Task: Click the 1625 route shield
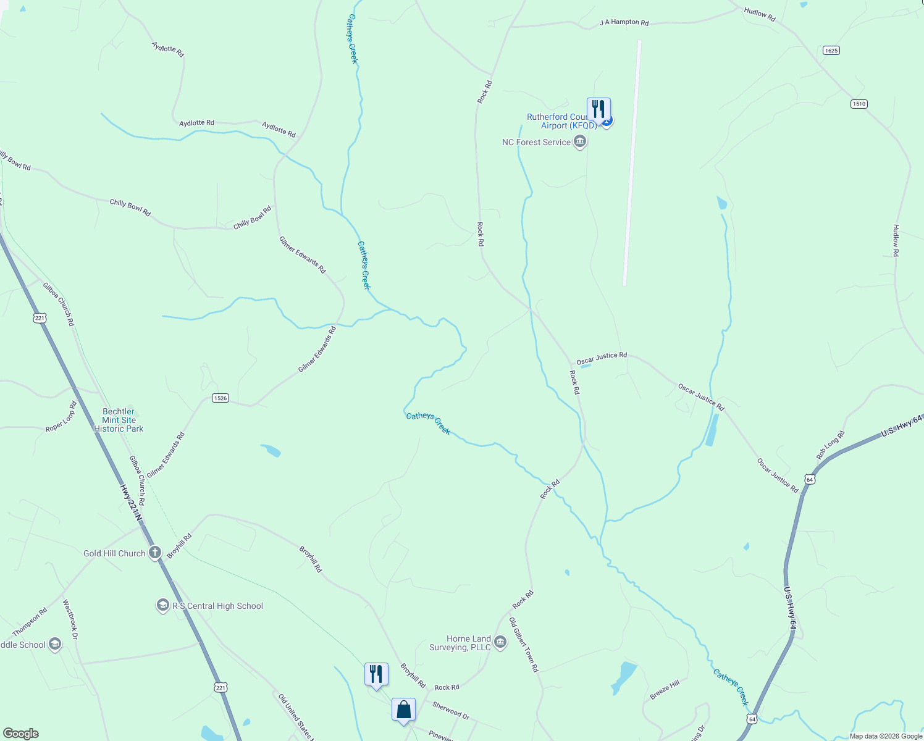coord(831,51)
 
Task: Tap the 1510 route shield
coord(859,104)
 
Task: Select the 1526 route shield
coord(220,398)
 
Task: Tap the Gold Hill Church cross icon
coord(154,553)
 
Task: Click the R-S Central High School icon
coord(162,606)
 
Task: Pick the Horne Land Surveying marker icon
coord(500,643)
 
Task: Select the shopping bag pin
coord(403,710)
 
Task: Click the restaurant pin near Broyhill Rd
coord(376,674)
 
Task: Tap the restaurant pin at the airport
coord(598,109)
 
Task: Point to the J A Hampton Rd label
coord(624,23)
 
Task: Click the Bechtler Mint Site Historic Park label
coord(119,420)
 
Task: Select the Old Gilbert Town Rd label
coord(524,644)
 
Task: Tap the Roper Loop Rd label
coord(62,417)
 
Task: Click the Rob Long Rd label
coord(830,445)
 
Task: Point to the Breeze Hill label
coord(665,689)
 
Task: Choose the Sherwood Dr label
coord(451,711)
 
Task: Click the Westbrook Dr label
coord(70,619)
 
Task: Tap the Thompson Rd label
coord(30,622)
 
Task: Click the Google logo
coord(21,734)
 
